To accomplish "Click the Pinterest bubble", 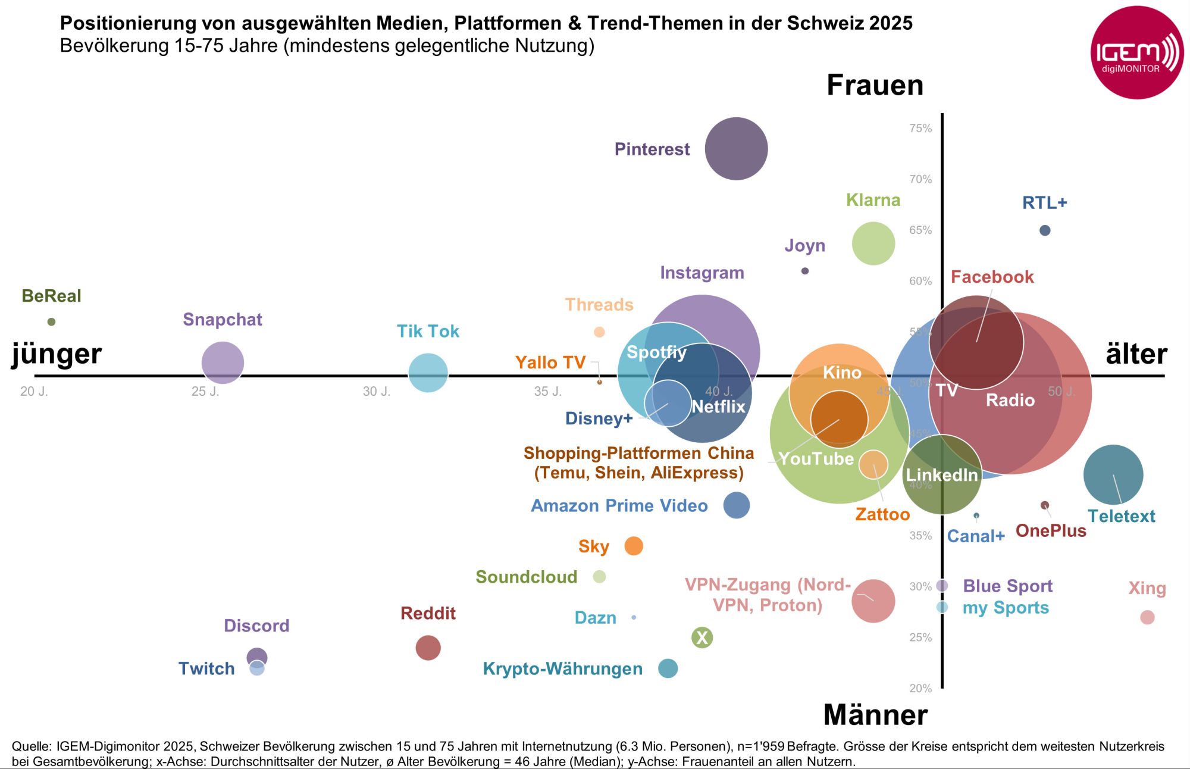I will click(x=736, y=149).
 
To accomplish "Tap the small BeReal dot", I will click(x=51, y=322).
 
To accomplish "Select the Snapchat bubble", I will click(x=223, y=362).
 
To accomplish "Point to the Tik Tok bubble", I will click(x=428, y=373).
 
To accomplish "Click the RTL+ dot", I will click(x=1045, y=230).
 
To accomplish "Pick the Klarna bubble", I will click(x=873, y=243).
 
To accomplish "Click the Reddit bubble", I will click(x=428, y=648).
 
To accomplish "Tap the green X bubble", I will click(x=702, y=637).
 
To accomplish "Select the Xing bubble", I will click(x=1147, y=617).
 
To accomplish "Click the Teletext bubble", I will click(x=1113, y=474).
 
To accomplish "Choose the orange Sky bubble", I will click(x=634, y=546).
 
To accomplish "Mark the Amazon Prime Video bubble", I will click(x=736, y=505).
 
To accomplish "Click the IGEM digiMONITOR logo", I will click(x=1136, y=53).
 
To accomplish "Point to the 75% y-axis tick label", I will click(x=920, y=129).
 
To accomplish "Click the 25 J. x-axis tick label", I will click(x=205, y=392).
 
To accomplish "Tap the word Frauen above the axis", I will click(x=875, y=85).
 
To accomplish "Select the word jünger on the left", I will click(x=57, y=354).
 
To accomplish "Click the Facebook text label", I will click(x=992, y=277).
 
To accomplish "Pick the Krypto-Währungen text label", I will click(x=562, y=669).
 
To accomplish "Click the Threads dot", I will click(x=599, y=332).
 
